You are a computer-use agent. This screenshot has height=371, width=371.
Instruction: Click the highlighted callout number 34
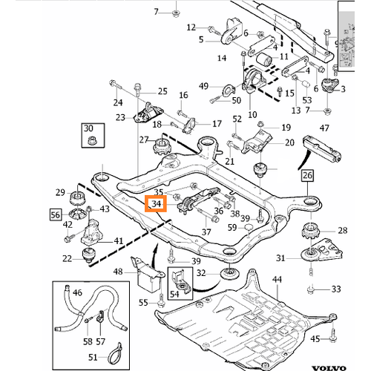click(156, 204)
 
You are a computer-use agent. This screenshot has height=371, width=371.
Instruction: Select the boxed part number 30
click(88, 128)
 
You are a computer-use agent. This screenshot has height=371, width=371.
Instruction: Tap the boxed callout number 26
click(307, 175)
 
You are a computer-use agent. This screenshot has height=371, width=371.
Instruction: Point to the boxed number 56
click(56, 214)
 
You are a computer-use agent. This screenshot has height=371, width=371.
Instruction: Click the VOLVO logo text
click(329, 369)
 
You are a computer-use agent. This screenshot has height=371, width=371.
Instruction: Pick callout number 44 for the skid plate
click(277, 280)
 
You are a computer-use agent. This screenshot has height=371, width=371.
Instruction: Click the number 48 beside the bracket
click(118, 272)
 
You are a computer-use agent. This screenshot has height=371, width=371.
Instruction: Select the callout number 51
click(93, 358)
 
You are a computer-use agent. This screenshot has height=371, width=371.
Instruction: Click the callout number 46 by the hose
click(77, 293)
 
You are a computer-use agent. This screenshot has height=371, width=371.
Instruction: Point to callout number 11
click(283, 56)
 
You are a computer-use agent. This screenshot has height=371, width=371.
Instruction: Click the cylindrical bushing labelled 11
click(263, 59)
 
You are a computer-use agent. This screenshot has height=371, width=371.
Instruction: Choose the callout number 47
click(324, 128)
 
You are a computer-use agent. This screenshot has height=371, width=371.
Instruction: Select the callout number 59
click(232, 228)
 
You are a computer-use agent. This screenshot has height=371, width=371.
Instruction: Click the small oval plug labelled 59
click(249, 227)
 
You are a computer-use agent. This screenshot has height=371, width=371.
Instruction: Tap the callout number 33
click(336, 289)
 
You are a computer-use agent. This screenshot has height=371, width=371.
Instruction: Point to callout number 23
click(120, 117)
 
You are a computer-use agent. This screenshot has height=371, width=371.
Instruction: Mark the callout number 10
click(252, 115)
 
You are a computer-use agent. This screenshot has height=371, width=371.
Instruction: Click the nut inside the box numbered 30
click(93, 140)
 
